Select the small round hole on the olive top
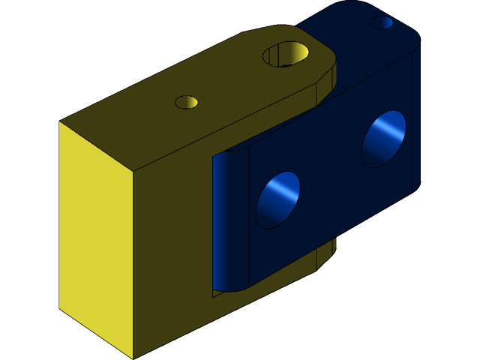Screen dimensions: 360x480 [186, 102]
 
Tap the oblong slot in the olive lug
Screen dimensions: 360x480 [286, 53]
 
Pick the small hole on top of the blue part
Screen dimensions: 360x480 [382, 22]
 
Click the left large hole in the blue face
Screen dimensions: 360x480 [277, 199]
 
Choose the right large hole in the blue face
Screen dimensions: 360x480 [384, 138]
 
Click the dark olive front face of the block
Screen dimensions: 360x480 [172, 247]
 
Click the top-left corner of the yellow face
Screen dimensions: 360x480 [60, 122]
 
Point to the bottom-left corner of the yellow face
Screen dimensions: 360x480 [60, 308]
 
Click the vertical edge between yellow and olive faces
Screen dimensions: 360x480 [133, 262]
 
